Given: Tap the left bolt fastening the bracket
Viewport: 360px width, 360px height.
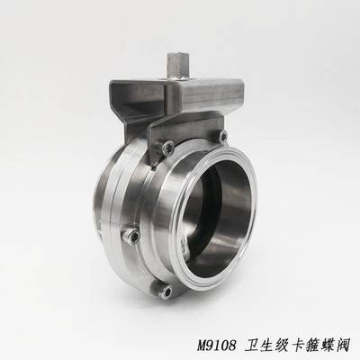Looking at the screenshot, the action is pos(167,148).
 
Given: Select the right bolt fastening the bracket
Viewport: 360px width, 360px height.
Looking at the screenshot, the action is pos(223,137).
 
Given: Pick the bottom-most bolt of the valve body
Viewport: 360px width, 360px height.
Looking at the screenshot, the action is pos(166,291).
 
